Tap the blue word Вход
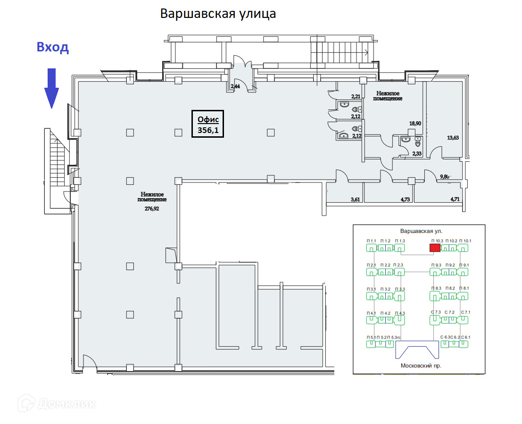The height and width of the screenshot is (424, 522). click(x=53, y=47)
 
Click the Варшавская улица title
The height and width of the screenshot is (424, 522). click(x=218, y=13)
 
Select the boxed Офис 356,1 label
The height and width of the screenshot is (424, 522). click(x=208, y=124)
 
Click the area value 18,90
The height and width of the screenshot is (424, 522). click(x=415, y=124)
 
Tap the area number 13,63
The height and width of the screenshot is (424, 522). click(x=453, y=138)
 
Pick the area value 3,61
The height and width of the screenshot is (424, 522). click(x=355, y=200)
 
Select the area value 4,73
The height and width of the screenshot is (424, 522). click(x=405, y=200)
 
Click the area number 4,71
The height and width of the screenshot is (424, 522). click(x=455, y=200)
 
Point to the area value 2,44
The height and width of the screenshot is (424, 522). click(x=235, y=86)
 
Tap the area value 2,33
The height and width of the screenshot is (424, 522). click(x=416, y=154)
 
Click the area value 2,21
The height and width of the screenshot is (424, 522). click(x=355, y=97)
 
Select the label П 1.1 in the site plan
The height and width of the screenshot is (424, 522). click(x=372, y=241)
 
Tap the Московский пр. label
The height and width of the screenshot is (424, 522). click(x=421, y=366)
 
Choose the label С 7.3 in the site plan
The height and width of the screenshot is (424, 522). click(x=435, y=312)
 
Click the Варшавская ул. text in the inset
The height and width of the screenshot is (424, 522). click(x=421, y=232)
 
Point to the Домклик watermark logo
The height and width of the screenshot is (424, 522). click(x=57, y=404)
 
